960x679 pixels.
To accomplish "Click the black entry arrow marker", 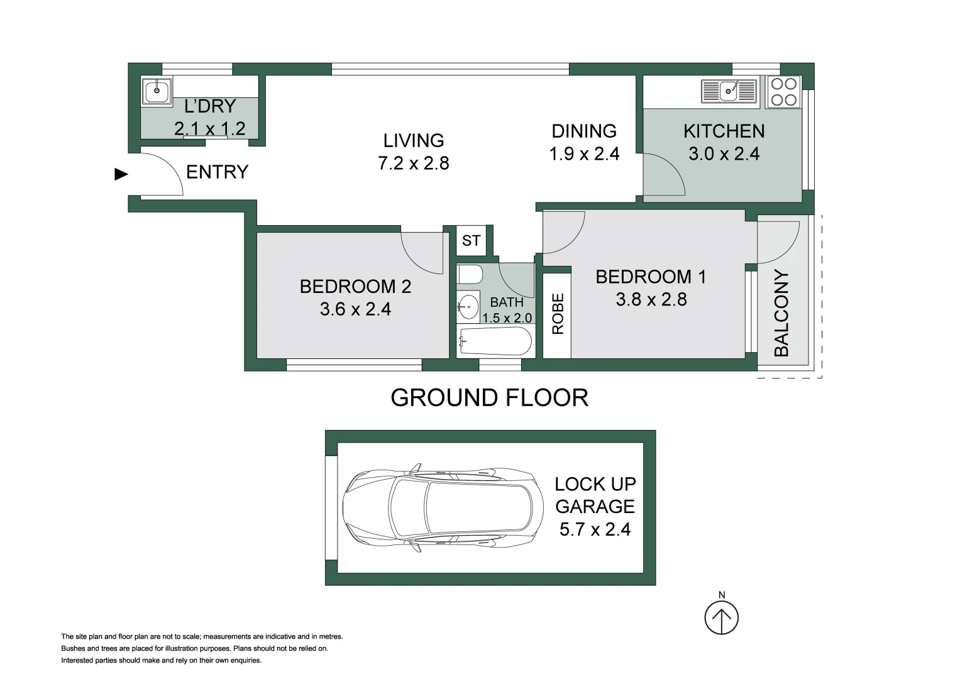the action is [121, 175].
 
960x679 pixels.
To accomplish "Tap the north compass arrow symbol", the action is [722, 617].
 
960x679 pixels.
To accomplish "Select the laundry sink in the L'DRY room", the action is [157, 91].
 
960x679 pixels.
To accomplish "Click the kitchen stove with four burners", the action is [784, 92].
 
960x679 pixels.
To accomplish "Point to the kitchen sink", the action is [729, 91].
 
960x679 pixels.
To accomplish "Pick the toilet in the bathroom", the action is [470, 274].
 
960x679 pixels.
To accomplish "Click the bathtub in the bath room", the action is [495, 341].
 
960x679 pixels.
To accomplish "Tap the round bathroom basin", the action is [468, 307].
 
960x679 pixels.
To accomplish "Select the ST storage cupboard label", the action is [471, 240].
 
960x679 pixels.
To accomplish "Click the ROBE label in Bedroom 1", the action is [558, 314].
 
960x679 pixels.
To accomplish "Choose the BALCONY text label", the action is [781, 313].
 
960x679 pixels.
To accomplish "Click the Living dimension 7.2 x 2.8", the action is [414, 163].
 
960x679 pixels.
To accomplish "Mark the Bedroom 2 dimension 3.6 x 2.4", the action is [355, 309].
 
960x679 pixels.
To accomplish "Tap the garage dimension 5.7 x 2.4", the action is [595, 529].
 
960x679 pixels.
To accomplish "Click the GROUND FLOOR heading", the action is [489, 398].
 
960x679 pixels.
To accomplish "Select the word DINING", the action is [584, 131].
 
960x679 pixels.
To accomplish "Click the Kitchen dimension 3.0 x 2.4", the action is [724, 154].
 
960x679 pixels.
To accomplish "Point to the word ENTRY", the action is [218, 172].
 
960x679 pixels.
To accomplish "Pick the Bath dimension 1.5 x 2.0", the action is [507, 318].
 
